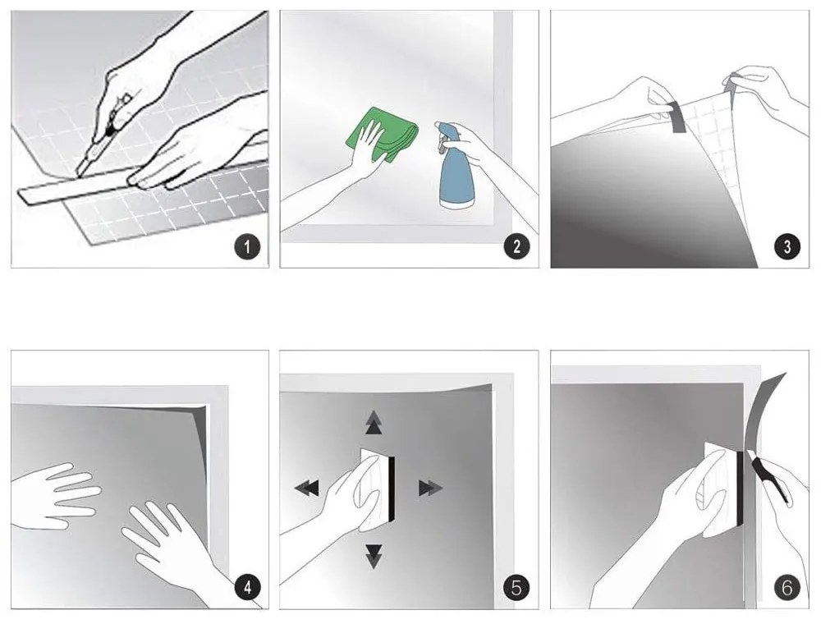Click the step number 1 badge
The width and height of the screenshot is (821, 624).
247,246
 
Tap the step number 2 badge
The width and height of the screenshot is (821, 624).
517,246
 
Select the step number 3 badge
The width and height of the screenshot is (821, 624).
787,246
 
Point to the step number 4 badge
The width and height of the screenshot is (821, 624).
247,587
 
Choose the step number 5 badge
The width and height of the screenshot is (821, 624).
516,587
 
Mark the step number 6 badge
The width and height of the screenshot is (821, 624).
787,587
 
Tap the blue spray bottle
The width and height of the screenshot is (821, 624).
453,165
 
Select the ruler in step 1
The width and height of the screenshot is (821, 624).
140,176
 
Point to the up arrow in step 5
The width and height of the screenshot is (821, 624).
374,423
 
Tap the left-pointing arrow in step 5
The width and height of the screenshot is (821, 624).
307,489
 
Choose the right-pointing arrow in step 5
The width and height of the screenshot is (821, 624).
431,489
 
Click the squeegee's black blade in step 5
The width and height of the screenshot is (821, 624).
391,489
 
